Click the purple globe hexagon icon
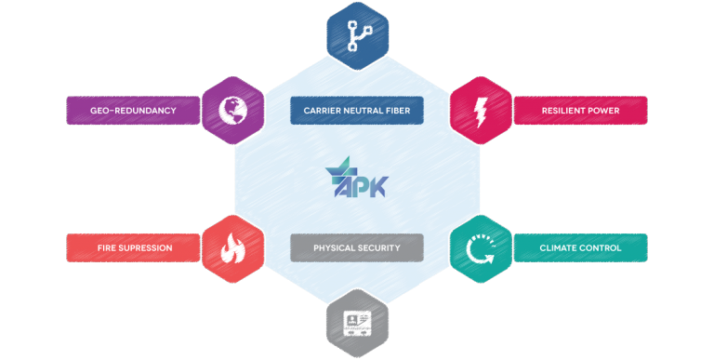click(232, 111)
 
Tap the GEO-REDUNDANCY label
click(133, 111)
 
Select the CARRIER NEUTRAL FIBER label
click(357, 111)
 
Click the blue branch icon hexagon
click(357, 36)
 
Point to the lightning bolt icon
click(481, 111)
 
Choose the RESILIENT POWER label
click(580, 111)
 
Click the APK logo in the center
click(357, 178)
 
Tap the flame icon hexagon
click(232, 248)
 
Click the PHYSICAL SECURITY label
click(357, 247)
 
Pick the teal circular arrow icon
click(481, 248)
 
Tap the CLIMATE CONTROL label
click(580, 247)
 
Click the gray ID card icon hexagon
click(357, 323)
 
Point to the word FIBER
click(397, 111)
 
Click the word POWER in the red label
click(602, 111)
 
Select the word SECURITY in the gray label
click(379, 247)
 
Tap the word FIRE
click(107, 247)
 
